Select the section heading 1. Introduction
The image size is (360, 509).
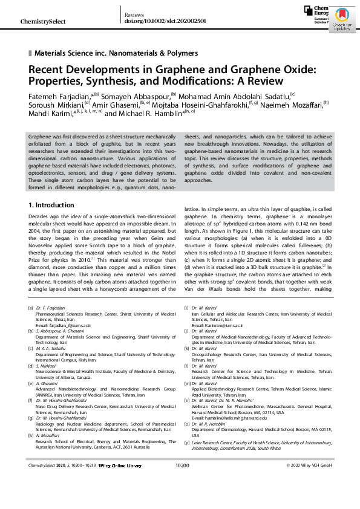pos(51,206)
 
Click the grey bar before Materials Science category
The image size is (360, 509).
pos(30,53)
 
